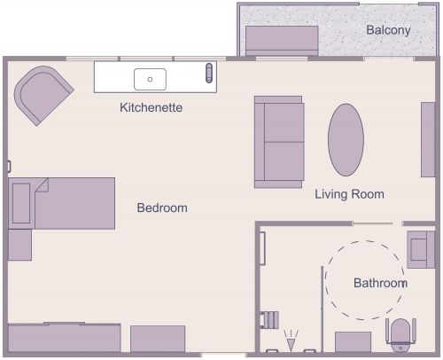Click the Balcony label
pyautogui.click(x=388, y=30)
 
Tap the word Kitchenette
pyautogui.click(x=152, y=108)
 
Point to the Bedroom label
pyautogui.click(x=162, y=208)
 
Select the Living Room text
pyautogui.click(x=349, y=194)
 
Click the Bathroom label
pyautogui.click(x=380, y=284)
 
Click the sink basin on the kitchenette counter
pyautogui.click(x=151, y=79)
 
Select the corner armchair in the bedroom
pyautogui.click(x=43, y=94)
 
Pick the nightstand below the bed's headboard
pyautogui.click(x=19, y=245)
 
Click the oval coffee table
pyautogui.click(x=346, y=141)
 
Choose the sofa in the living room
pyautogui.click(x=279, y=141)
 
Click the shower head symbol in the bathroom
pyautogui.click(x=290, y=340)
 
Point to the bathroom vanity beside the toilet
pyautogui.click(x=353, y=342)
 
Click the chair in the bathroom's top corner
pyautogui.click(x=418, y=249)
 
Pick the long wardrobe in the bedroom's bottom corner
pyautogui.click(x=64, y=338)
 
